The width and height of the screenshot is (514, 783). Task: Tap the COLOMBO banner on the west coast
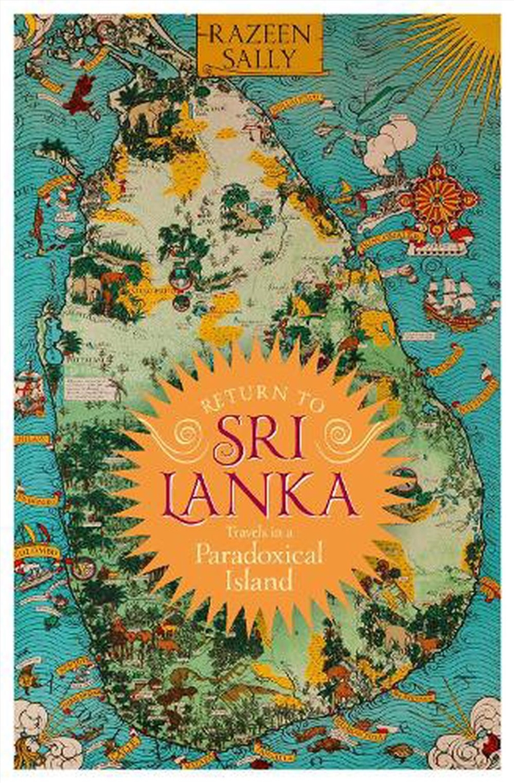point(39,552)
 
